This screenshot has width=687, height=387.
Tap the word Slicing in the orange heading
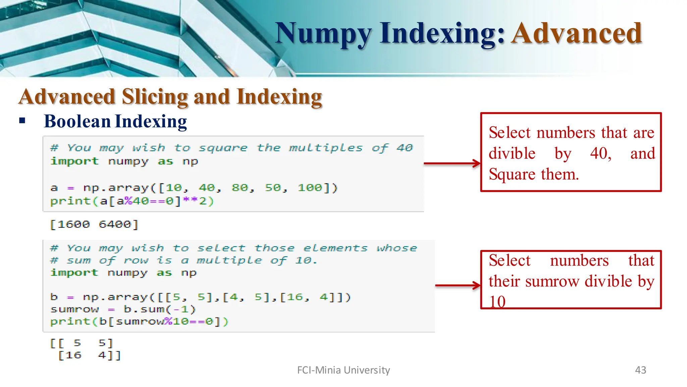click(x=155, y=97)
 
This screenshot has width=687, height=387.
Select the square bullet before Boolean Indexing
click(x=22, y=121)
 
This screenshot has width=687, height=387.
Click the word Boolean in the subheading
click(x=77, y=121)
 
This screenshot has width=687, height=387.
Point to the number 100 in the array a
click(x=310, y=188)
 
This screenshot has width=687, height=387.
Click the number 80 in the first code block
click(x=240, y=188)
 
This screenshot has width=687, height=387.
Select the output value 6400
click(x=115, y=224)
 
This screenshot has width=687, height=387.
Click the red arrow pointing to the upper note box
click(x=452, y=164)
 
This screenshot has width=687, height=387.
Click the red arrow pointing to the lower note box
click(x=458, y=286)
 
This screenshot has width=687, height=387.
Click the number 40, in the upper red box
click(x=601, y=154)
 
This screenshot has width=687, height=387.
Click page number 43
click(x=640, y=370)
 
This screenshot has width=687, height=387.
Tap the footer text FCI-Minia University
click(x=343, y=370)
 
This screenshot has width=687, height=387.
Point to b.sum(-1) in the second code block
click(x=159, y=309)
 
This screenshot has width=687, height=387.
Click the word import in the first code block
click(x=74, y=161)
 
